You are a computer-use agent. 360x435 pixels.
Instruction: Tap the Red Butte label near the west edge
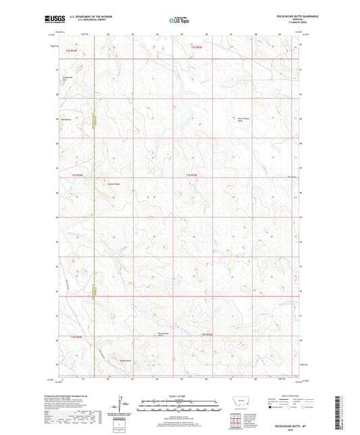[x=66, y=119]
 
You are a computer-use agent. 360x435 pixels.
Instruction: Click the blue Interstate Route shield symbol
[x=271, y=408]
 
